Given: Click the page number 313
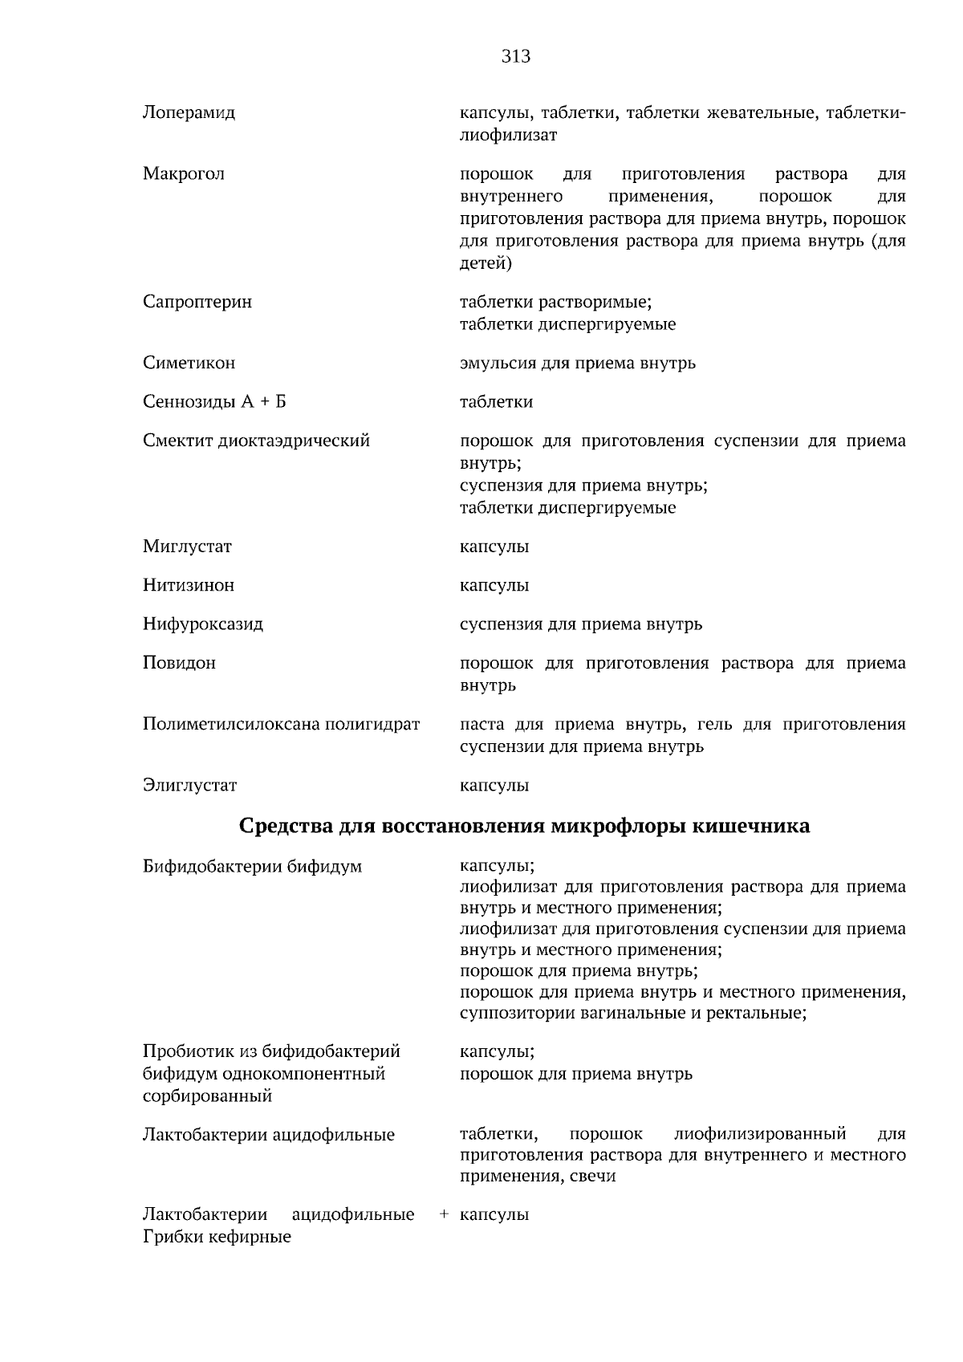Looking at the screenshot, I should (x=516, y=56).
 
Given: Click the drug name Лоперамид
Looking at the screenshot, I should (x=189, y=112).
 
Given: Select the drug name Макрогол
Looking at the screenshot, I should (x=184, y=174).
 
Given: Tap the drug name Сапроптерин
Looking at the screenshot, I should (x=197, y=302).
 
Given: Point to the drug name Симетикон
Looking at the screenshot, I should (x=189, y=363).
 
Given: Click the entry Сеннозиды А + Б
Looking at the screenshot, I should (x=214, y=401).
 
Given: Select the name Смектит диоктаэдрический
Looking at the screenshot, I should (x=256, y=441).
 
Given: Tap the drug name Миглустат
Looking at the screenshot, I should (x=187, y=547).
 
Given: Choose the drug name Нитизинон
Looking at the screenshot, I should (x=189, y=585).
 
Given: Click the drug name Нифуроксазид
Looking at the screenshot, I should (x=203, y=624).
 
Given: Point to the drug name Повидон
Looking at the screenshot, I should (x=179, y=663).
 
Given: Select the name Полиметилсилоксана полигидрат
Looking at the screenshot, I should (x=281, y=724).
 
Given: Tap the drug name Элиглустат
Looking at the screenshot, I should (x=190, y=785).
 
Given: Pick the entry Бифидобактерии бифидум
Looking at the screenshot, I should (x=252, y=867).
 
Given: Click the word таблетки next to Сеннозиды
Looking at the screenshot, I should (x=496, y=401).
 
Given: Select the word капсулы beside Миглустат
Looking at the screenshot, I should (x=494, y=547).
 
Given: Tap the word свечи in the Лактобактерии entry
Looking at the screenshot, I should (x=595, y=1177).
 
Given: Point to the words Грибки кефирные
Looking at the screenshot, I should (x=217, y=1237).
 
